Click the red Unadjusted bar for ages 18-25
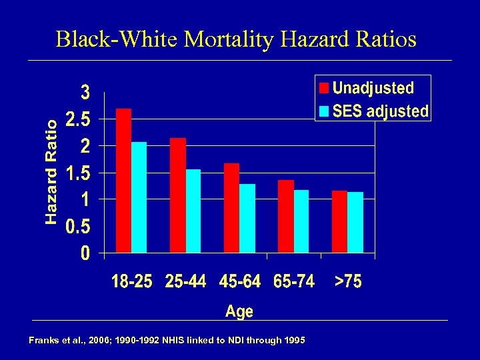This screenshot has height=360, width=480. point(123,181)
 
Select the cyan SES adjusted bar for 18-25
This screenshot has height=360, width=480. point(139,197)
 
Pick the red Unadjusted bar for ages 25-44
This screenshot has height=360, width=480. point(178,195)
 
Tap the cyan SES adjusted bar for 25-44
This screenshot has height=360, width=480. point(193,211)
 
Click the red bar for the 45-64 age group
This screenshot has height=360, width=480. point(231,208)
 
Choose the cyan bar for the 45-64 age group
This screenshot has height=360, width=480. point(247,219)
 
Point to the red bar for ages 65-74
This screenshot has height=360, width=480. point(285,217)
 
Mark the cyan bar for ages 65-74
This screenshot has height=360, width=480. point(301,221)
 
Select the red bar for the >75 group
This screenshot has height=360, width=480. point(339,222)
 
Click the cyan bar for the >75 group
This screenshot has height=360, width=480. point(355,223)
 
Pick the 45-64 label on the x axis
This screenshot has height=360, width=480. point(240,282)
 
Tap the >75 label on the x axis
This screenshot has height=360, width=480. point(348,282)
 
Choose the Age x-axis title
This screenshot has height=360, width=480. point(239,311)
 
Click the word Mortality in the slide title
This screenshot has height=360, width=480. point(229,39)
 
